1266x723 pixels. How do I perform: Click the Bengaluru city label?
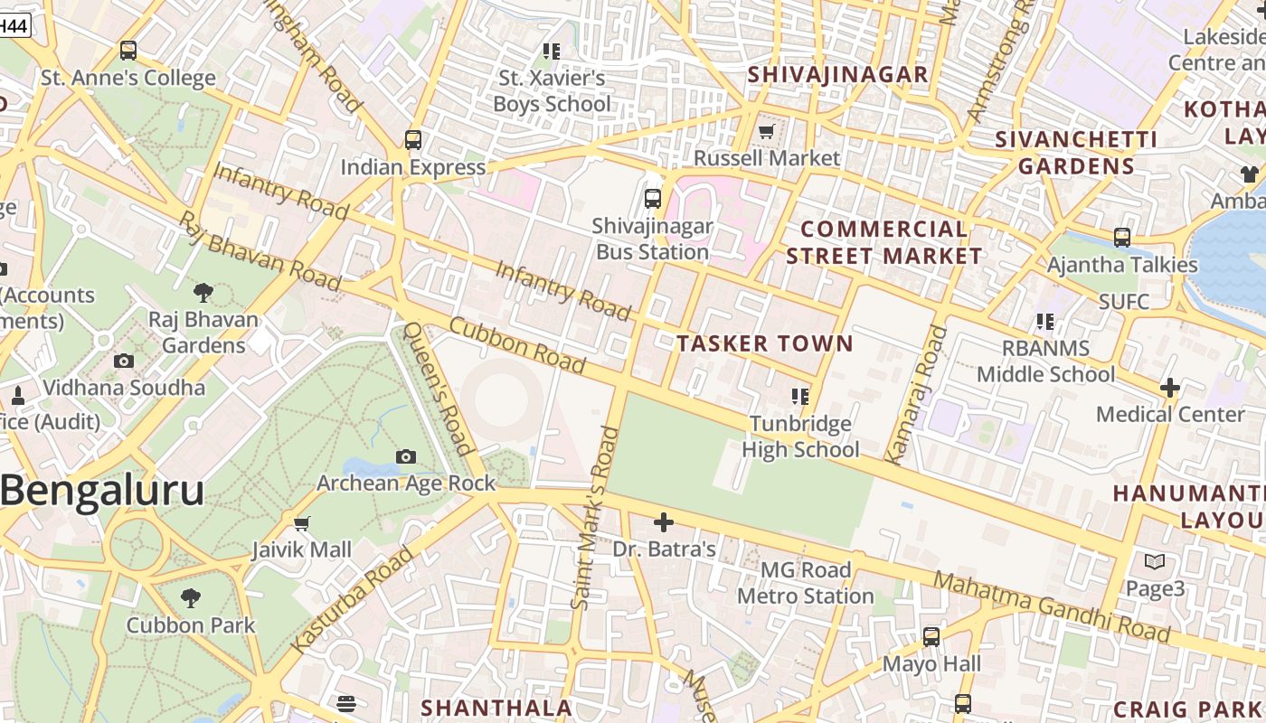click(x=102, y=491)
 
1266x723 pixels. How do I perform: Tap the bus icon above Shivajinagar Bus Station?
click(x=652, y=199)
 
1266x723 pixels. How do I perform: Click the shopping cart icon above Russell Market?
click(x=766, y=132)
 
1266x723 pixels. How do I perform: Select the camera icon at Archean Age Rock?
click(x=406, y=456)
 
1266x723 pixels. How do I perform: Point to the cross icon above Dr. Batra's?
click(x=664, y=522)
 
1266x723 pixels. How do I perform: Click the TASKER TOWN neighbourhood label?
click(x=764, y=343)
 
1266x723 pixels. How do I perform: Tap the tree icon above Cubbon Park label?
click(x=190, y=598)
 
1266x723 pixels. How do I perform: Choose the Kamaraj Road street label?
click(x=914, y=394)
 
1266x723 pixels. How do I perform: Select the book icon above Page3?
click(x=1154, y=562)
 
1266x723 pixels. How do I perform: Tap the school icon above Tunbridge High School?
click(x=799, y=396)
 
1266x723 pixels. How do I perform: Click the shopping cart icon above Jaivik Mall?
click(x=302, y=523)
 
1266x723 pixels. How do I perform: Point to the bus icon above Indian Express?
click(x=412, y=140)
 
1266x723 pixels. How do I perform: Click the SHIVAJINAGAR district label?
click(x=838, y=74)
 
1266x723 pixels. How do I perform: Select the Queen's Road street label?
click(x=438, y=389)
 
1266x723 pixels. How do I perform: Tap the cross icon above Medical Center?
click(x=1169, y=388)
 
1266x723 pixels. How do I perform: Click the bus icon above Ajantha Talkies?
click(x=1121, y=238)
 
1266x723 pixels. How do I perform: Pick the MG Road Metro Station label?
click(x=805, y=583)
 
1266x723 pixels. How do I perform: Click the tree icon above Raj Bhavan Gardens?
click(x=203, y=292)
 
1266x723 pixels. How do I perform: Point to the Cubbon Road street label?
click(x=516, y=344)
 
